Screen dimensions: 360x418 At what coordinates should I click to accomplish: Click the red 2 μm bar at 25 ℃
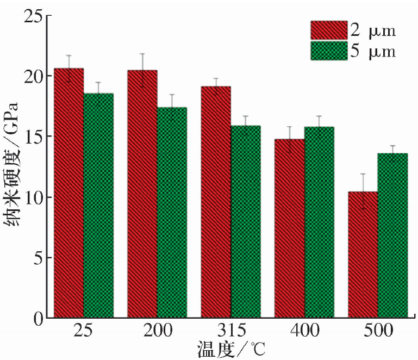pos(68,193)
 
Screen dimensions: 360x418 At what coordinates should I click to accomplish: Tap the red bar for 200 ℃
pos(142,194)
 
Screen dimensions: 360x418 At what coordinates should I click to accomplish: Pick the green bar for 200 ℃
pos(172,213)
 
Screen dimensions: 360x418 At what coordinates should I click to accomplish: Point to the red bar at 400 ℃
pos(289,228)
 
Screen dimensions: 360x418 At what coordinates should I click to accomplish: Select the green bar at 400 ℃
pos(319,222)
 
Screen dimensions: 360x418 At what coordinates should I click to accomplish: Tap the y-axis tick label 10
pos(32,197)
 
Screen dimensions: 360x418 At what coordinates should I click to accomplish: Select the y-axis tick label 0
pos(36,318)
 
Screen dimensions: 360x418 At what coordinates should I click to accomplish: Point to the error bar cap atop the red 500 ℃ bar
pos(363,174)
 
